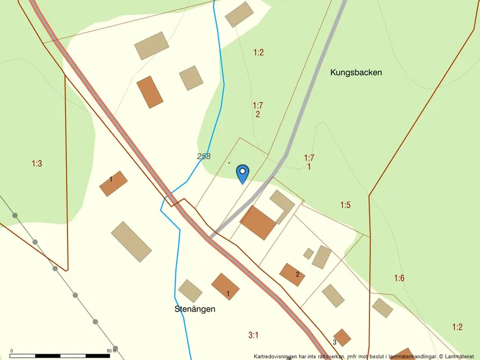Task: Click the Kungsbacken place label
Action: coord(356,73)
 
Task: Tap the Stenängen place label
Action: coord(195,309)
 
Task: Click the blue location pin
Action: coord(243,173)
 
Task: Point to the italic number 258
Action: coord(204,156)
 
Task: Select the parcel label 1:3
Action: coord(37,163)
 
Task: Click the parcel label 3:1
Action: coord(253,334)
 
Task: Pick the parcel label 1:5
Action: coord(346,205)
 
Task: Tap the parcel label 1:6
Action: coord(399,278)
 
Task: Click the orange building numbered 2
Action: coord(292,275)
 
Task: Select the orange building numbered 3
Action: coord(342,337)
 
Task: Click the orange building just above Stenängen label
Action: coord(225,286)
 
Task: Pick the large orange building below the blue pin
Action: coord(258,222)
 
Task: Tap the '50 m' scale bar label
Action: coord(112,351)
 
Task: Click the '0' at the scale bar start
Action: coord(12,351)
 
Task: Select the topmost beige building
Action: coord(239,15)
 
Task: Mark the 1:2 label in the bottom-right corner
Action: coord(457,327)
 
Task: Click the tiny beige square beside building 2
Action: coord(308,254)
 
